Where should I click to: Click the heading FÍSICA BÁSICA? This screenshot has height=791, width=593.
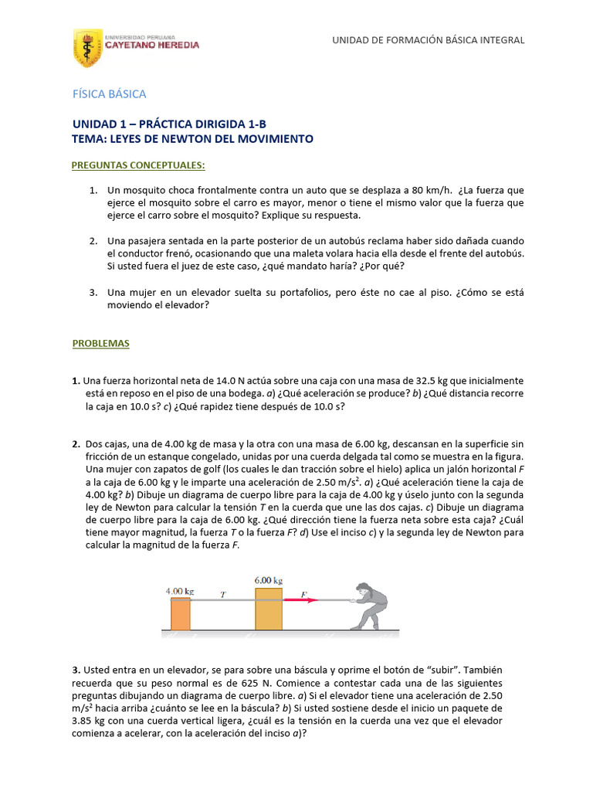click(x=109, y=93)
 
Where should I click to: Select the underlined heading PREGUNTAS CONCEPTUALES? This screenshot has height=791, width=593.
click(x=138, y=165)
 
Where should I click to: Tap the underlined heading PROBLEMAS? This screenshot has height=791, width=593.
click(x=101, y=343)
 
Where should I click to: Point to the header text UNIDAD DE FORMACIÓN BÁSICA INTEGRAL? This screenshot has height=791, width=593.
click(x=428, y=40)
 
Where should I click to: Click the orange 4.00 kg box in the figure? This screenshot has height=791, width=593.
click(x=180, y=614)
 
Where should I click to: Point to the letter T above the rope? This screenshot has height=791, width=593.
click(x=223, y=595)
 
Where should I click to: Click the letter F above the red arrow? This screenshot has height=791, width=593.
click(x=303, y=594)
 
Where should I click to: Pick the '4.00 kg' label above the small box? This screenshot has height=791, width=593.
click(x=180, y=591)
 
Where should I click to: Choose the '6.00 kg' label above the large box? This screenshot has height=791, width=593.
click(x=268, y=580)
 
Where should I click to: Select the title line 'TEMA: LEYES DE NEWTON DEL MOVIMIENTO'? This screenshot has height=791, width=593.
click(x=192, y=139)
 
